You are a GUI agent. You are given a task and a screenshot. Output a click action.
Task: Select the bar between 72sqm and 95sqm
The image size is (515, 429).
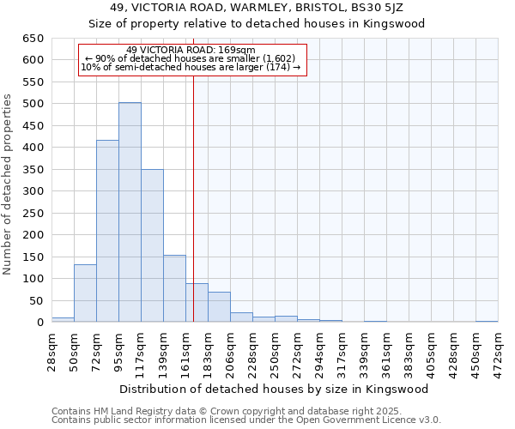(107, 231)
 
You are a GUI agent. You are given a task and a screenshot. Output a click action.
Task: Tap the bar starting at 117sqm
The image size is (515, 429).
(152, 245)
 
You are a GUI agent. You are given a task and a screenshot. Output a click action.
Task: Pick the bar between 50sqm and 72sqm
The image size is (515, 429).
(85, 293)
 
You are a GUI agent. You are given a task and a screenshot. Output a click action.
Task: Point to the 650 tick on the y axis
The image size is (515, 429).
(33, 39)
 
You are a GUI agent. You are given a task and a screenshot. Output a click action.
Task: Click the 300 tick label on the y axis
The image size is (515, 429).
(33, 191)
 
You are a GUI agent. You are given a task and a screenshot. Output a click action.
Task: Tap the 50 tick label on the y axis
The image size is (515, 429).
(37, 300)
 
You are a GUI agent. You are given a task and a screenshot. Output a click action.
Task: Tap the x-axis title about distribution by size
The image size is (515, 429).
(275, 389)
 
